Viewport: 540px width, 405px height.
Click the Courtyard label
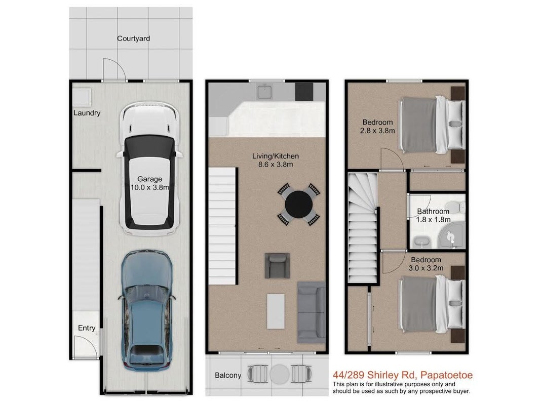click(133, 38)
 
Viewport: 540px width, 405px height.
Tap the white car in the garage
click(149, 169)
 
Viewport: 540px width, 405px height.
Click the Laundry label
click(87, 113)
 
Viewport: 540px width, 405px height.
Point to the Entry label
click(87, 328)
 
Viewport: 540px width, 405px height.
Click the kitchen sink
click(264, 92)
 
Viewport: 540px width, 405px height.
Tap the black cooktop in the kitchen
click(304, 92)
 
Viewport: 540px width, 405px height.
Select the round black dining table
click(298, 205)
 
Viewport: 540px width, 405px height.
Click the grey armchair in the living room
click(277, 265)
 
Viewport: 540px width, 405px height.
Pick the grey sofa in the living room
click(312, 312)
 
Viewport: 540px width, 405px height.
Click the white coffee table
click(276, 311)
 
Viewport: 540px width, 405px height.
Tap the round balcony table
click(279, 374)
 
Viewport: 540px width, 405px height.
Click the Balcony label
click(227, 375)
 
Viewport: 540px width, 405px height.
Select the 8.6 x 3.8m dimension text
click(276, 165)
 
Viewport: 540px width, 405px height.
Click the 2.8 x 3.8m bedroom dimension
click(377, 131)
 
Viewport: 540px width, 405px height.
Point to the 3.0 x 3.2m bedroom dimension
click(426, 268)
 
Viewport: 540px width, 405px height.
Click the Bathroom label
click(433, 211)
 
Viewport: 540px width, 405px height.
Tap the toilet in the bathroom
click(459, 207)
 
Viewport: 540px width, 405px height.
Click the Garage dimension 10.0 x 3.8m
click(150, 187)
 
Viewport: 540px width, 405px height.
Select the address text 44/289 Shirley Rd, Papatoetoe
click(402, 375)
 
